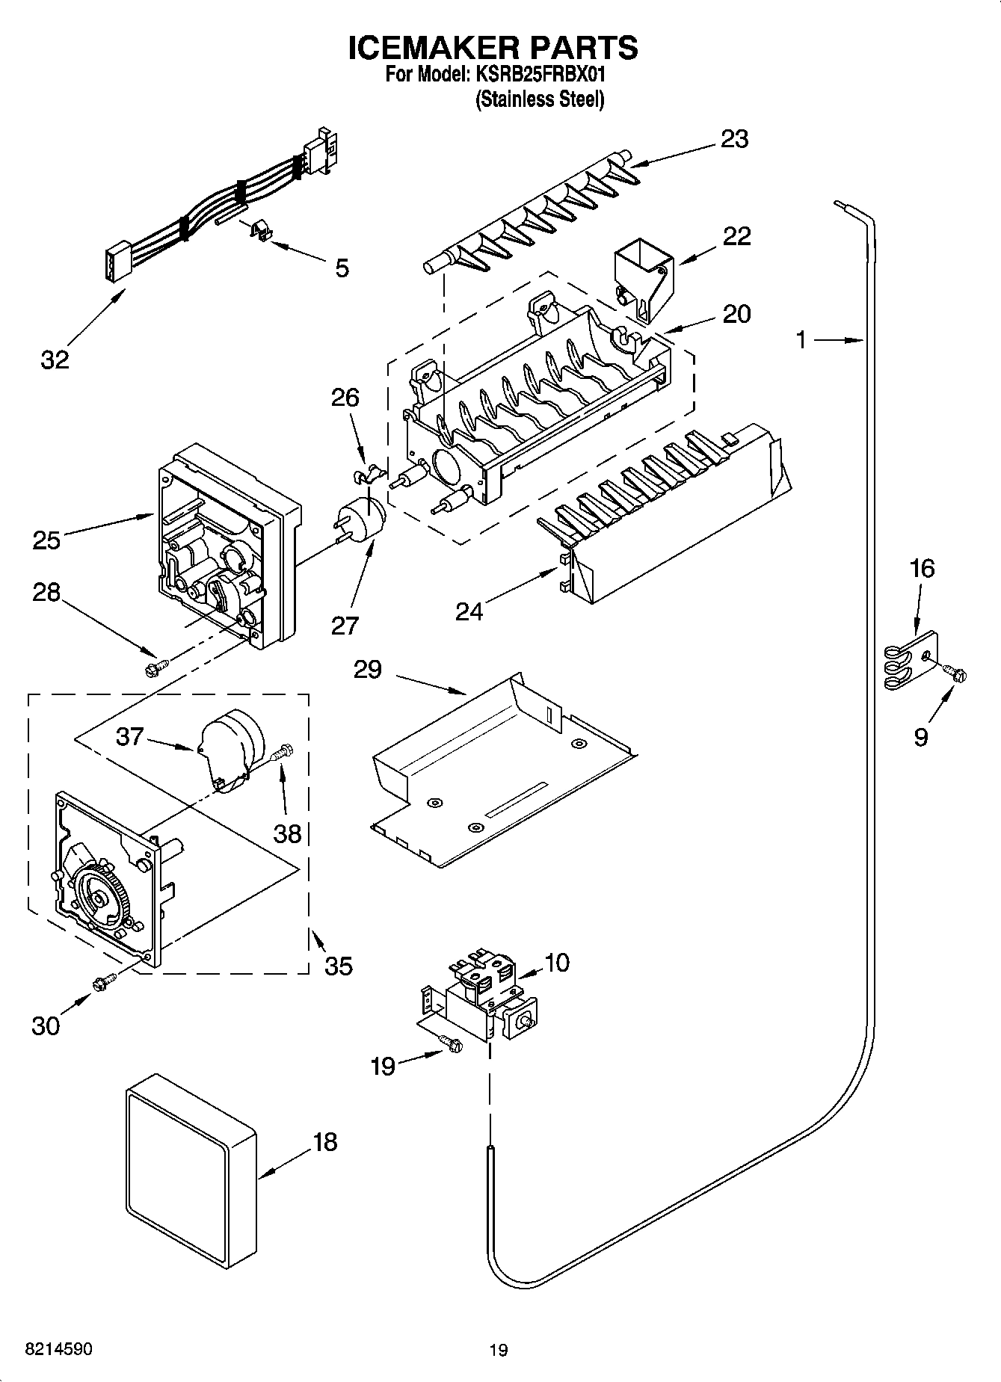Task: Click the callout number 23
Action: [734, 140]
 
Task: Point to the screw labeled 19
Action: [451, 1043]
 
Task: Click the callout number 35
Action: [338, 966]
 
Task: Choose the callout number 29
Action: [367, 669]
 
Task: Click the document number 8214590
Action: [59, 1349]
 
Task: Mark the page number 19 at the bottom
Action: [499, 1350]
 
